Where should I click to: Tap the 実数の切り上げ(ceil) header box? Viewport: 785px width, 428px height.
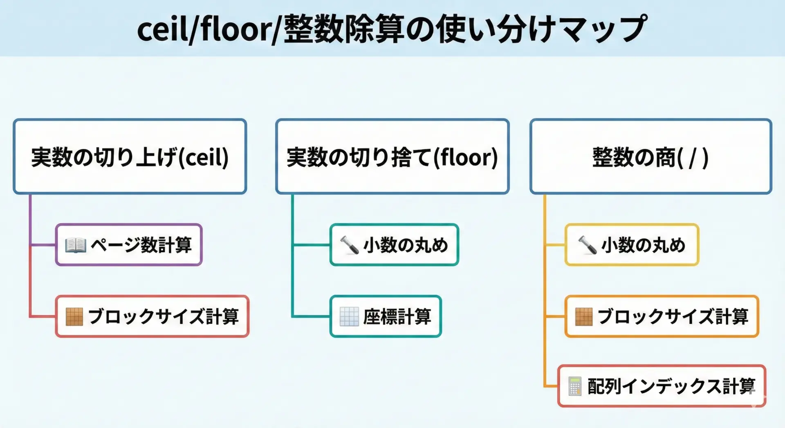pos(130,157)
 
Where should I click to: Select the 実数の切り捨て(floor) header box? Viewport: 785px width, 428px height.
pos(392,157)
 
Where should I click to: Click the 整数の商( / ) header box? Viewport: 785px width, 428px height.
pos(650,157)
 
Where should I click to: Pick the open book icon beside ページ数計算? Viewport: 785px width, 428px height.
pos(76,245)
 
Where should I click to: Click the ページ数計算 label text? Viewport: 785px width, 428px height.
pos(141,245)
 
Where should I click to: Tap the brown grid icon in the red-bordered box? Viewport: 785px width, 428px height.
pos(74,317)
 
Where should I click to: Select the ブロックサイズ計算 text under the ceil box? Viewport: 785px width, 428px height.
pos(163,317)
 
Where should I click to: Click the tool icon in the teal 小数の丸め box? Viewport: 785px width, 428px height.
pos(349,245)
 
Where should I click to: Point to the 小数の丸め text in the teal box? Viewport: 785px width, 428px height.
pos(405,245)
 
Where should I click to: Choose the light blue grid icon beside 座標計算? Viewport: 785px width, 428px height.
pos(349,317)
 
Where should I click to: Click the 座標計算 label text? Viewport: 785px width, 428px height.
pos(397,317)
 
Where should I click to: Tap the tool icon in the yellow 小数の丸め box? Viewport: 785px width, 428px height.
pos(587,245)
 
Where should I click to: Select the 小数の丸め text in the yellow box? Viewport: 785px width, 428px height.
pos(643,245)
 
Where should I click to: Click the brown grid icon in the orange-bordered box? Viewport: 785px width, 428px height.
pos(583,317)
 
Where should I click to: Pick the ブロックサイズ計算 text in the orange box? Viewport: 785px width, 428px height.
pos(673,317)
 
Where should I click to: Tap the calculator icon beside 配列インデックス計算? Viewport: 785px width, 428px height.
pos(574,386)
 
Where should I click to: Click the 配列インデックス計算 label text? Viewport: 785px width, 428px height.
pos(671,386)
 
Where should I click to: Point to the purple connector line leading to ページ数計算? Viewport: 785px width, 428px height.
pos(43,245)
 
